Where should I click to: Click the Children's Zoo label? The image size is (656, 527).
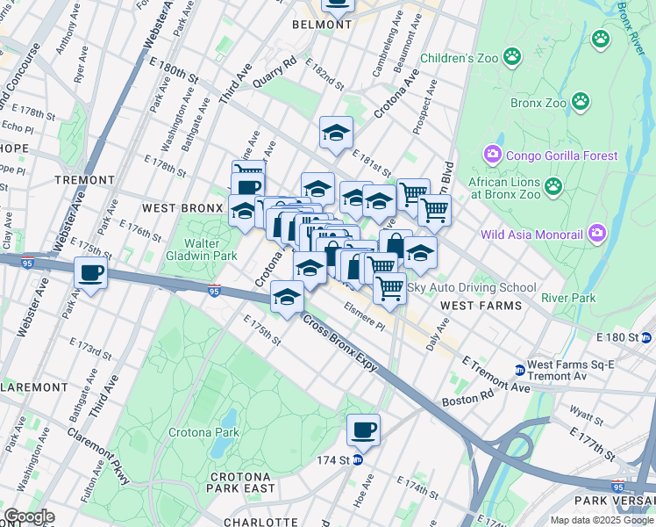[459, 59]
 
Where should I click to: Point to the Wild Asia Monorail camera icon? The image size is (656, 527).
[598, 234]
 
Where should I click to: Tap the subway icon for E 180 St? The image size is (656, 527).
[646, 337]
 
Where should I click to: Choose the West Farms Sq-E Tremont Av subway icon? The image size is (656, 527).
[519, 370]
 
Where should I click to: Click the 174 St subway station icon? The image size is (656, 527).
[358, 460]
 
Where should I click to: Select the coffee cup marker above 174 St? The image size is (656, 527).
[363, 430]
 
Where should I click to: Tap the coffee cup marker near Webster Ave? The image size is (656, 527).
[90, 272]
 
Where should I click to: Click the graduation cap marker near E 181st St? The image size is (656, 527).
[335, 133]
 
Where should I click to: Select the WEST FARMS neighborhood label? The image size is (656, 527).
[481, 306]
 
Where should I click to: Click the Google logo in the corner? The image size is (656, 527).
[28, 516]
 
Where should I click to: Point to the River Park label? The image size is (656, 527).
[568, 298]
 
